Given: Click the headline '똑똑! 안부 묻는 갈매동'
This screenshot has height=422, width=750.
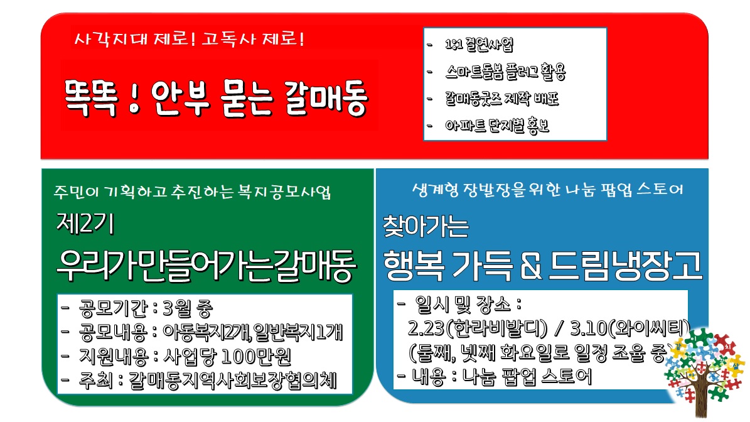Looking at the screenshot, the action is pyautogui.click(x=216, y=98).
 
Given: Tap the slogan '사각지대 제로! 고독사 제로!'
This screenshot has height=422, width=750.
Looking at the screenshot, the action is pyautogui.click(x=190, y=39).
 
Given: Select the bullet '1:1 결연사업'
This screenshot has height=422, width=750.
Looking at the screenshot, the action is pyautogui.click(x=479, y=45).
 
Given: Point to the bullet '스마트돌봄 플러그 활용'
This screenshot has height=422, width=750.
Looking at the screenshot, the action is pyautogui.click(x=505, y=72).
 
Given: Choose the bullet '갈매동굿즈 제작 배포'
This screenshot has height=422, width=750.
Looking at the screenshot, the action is pyautogui.click(x=501, y=99).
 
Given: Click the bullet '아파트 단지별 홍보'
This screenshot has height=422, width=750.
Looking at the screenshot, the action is pyautogui.click(x=497, y=126).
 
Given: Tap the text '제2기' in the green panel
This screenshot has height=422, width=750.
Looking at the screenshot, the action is pyautogui.click(x=85, y=223).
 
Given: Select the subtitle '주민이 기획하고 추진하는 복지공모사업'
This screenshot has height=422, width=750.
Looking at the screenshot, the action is pyautogui.click(x=192, y=192).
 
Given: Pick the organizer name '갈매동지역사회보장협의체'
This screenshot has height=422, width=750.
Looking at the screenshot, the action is pyautogui.click(x=232, y=381).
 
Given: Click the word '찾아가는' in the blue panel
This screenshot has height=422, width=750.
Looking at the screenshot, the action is pyautogui.click(x=426, y=226).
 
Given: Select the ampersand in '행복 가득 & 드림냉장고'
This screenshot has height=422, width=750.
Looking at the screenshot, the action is pyautogui.click(x=531, y=266).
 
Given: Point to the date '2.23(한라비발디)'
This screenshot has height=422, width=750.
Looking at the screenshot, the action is pyautogui.click(x=477, y=328).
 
